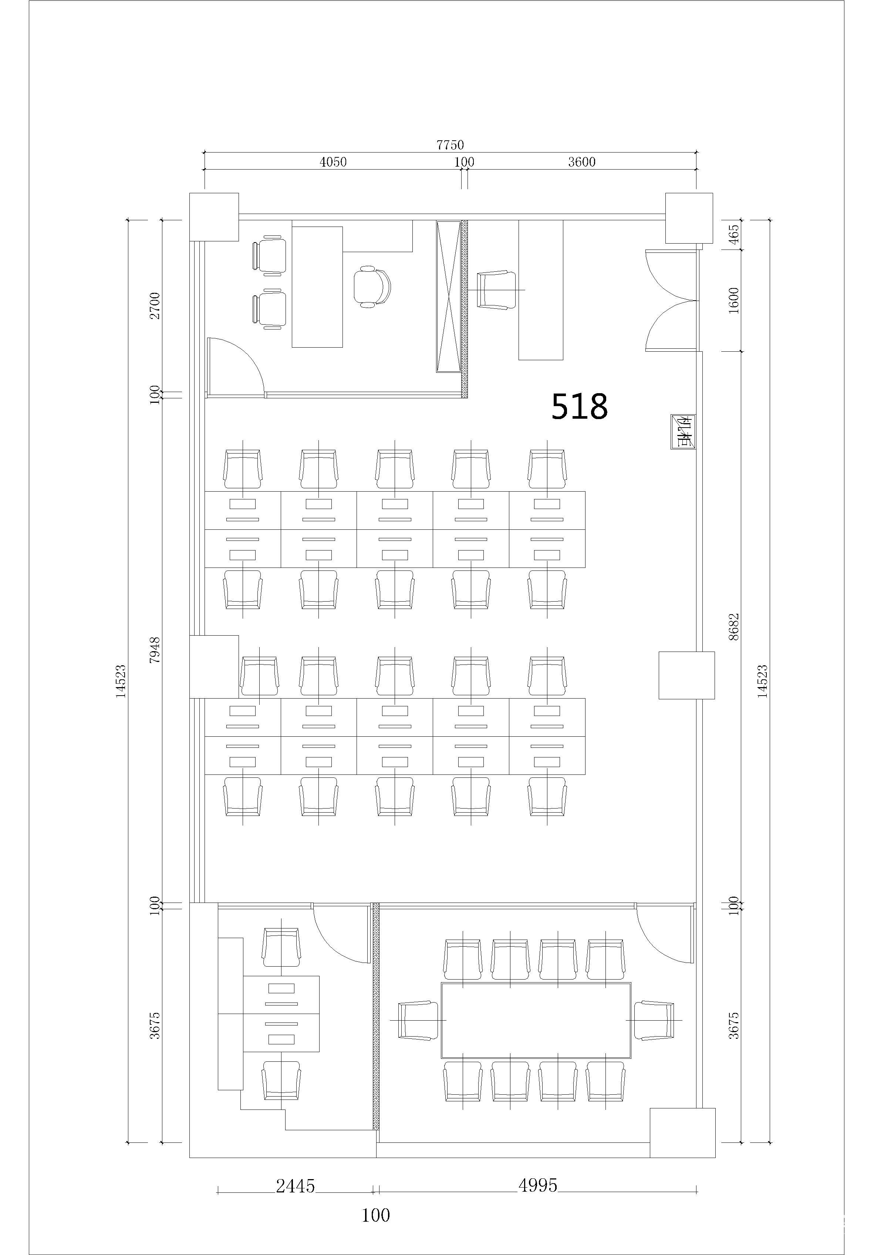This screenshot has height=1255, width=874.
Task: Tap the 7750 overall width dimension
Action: pos(450,145)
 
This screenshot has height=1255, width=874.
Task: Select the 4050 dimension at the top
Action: pos(333,162)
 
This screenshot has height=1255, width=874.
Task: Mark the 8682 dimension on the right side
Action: pos(733,626)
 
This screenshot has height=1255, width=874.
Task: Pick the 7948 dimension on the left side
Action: pos(155,649)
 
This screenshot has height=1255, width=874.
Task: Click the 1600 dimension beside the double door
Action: pos(733,300)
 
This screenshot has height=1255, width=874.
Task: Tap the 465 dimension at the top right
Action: pos(733,234)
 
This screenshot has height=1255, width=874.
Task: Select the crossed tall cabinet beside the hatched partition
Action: pos(449,296)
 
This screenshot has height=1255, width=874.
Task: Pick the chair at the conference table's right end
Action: pos(653,1020)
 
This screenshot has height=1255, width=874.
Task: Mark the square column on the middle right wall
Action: pos(686,675)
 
